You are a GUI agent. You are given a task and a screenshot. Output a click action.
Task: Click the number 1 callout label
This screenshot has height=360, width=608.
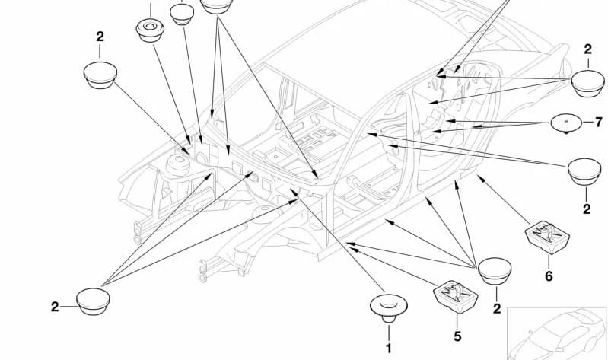[388, 349]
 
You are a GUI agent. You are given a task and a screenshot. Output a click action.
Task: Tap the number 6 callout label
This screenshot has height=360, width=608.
[549, 276]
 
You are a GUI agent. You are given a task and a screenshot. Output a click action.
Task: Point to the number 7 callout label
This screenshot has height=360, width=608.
[598, 122]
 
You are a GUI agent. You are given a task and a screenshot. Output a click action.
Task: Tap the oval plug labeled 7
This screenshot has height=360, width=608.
[566, 123]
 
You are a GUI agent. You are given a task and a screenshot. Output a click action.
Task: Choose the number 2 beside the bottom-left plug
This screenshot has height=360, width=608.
[55, 307]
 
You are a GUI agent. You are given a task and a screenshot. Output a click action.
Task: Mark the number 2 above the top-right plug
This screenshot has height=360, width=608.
[587, 49]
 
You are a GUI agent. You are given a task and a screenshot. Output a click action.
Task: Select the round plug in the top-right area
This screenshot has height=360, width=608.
[587, 82]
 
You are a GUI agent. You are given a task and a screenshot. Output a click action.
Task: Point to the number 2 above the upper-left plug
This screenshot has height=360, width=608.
[100, 36]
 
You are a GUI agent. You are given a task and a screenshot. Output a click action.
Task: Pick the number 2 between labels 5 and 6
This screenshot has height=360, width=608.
[496, 308]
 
